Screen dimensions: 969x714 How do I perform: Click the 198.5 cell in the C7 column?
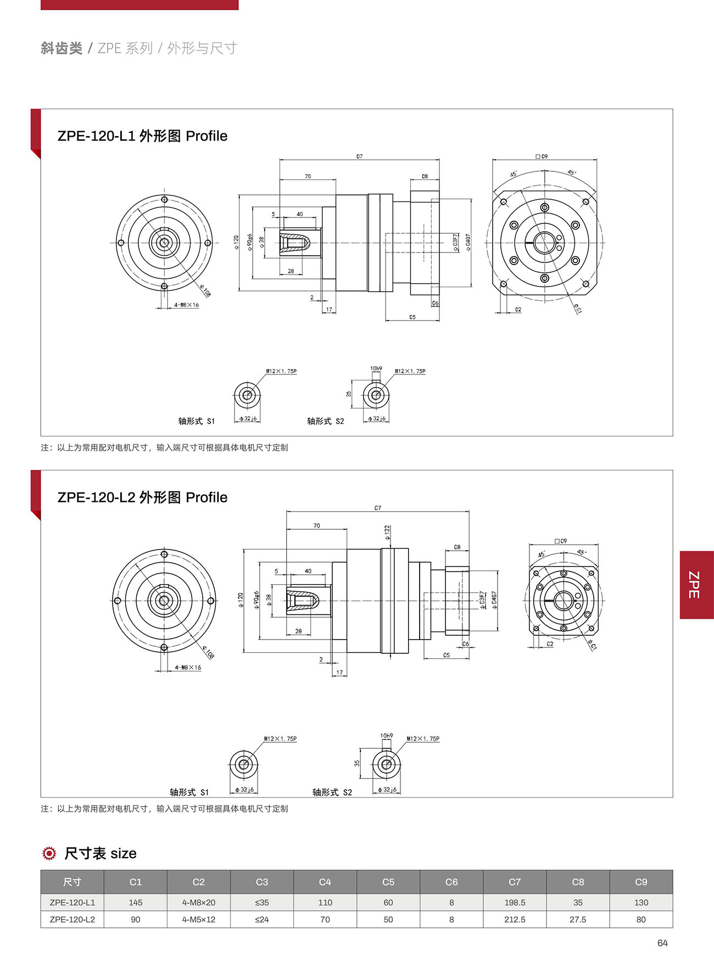click(x=514, y=902)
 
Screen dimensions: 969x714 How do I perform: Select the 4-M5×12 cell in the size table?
click(x=198, y=919)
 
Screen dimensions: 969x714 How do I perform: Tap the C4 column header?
click(x=325, y=882)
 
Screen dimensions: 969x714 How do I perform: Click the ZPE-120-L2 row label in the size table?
click(x=72, y=919)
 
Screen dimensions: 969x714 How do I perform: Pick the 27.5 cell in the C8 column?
click(x=577, y=919)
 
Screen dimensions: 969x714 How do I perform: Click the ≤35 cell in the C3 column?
click(x=261, y=902)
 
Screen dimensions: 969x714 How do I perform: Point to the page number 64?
click(x=662, y=943)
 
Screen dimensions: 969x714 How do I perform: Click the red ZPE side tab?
click(x=696, y=585)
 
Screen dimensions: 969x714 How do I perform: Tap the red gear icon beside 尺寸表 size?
click(x=49, y=853)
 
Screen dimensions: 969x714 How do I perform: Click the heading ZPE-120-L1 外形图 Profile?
click(x=142, y=136)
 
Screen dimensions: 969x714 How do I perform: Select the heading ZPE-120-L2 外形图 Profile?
click(x=142, y=497)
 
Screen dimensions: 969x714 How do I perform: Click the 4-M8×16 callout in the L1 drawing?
click(x=186, y=305)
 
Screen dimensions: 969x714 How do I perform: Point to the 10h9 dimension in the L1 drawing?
click(x=376, y=368)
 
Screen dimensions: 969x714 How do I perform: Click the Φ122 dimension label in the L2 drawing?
click(x=387, y=533)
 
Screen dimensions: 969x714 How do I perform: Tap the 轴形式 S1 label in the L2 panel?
click(x=189, y=792)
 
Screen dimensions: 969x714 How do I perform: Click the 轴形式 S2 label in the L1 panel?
click(x=325, y=421)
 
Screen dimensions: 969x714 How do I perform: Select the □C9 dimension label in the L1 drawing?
click(x=542, y=156)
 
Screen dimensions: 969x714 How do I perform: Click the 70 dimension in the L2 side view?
click(x=316, y=525)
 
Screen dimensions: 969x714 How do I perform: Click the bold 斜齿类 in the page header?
click(x=61, y=48)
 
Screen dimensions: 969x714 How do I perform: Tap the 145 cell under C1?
click(x=135, y=902)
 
